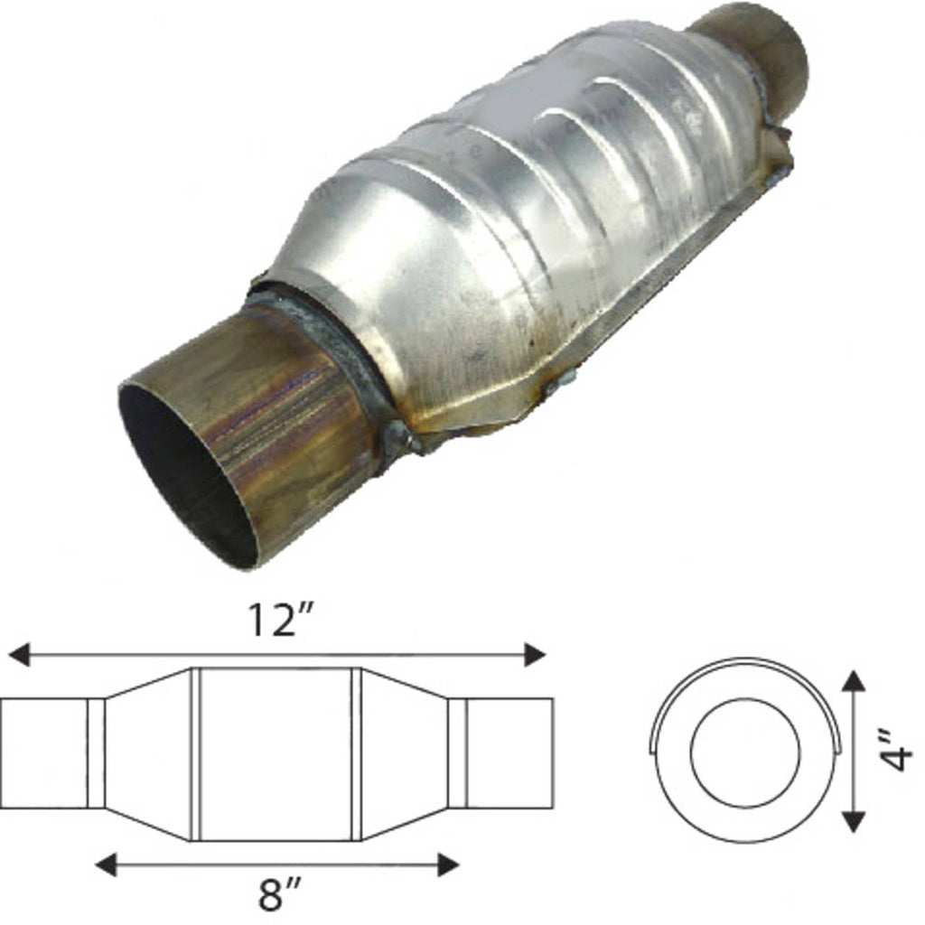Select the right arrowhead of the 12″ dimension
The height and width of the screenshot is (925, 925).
(x=535, y=654)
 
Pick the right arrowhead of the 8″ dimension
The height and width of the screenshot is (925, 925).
(x=448, y=864)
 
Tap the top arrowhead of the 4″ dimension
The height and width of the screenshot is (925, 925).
(x=854, y=680)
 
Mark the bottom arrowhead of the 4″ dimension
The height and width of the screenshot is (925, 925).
(x=854, y=821)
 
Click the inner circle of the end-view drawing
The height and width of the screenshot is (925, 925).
(x=745, y=752)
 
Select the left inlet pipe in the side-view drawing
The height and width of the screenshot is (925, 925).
(x=43, y=753)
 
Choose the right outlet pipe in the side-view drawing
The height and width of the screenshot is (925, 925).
(x=509, y=753)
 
